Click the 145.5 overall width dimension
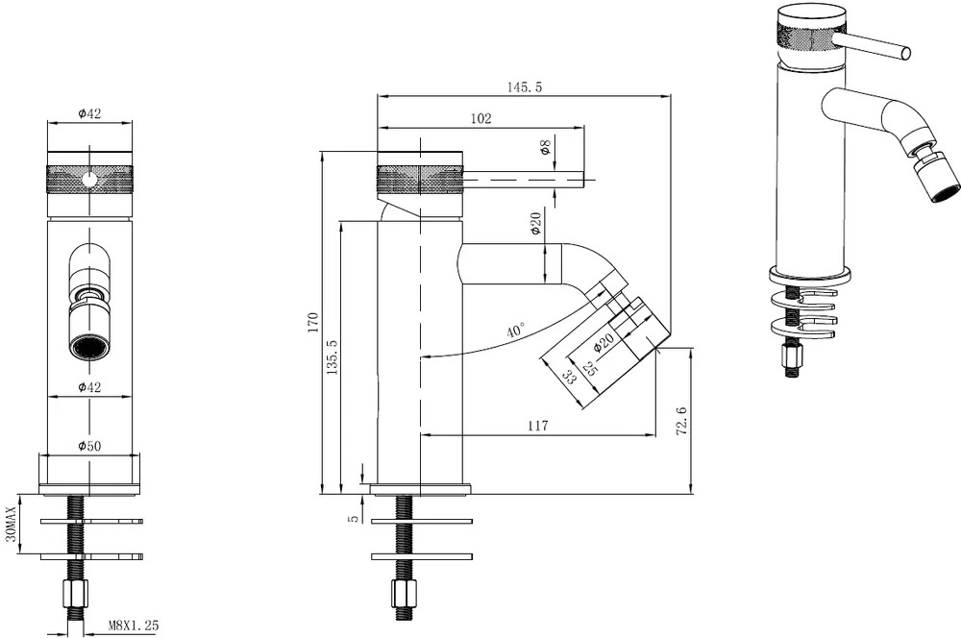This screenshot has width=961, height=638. coord(524,87)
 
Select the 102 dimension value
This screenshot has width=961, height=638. coord(481,118)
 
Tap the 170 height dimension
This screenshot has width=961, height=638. coord(313,323)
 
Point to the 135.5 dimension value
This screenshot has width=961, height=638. coord(332,356)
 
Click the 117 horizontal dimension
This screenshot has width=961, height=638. coord(537,426)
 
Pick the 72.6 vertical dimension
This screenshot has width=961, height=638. coord(681,421)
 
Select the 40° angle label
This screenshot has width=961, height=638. coord(516,331)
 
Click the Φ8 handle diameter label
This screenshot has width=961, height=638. coord(545,148)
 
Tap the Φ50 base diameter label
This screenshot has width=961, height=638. coord(89,446)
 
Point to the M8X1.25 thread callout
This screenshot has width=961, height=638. coord(134,626)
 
